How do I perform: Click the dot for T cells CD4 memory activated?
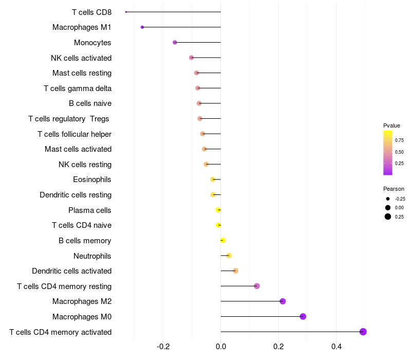click(x=363, y=332)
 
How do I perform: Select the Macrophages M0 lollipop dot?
click(x=303, y=316)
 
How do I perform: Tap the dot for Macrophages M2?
click(x=283, y=301)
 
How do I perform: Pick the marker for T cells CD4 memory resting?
click(x=257, y=286)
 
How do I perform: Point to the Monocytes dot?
click(x=175, y=42)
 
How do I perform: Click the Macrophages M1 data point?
click(x=142, y=27)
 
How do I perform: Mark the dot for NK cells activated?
click(x=192, y=58)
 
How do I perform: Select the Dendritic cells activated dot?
click(x=235, y=271)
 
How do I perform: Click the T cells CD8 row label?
click(x=91, y=12)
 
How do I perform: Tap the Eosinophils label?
click(x=92, y=179)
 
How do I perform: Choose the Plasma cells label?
click(x=90, y=210)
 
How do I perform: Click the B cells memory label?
click(x=85, y=241)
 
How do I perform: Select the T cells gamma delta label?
click(x=78, y=88)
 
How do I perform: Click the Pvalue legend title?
click(x=391, y=125)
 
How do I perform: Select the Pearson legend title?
click(x=394, y=189)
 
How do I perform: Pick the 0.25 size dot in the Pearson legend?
click(x=388, y=217)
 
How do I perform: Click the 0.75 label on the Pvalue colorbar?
click(x=399, y=139)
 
